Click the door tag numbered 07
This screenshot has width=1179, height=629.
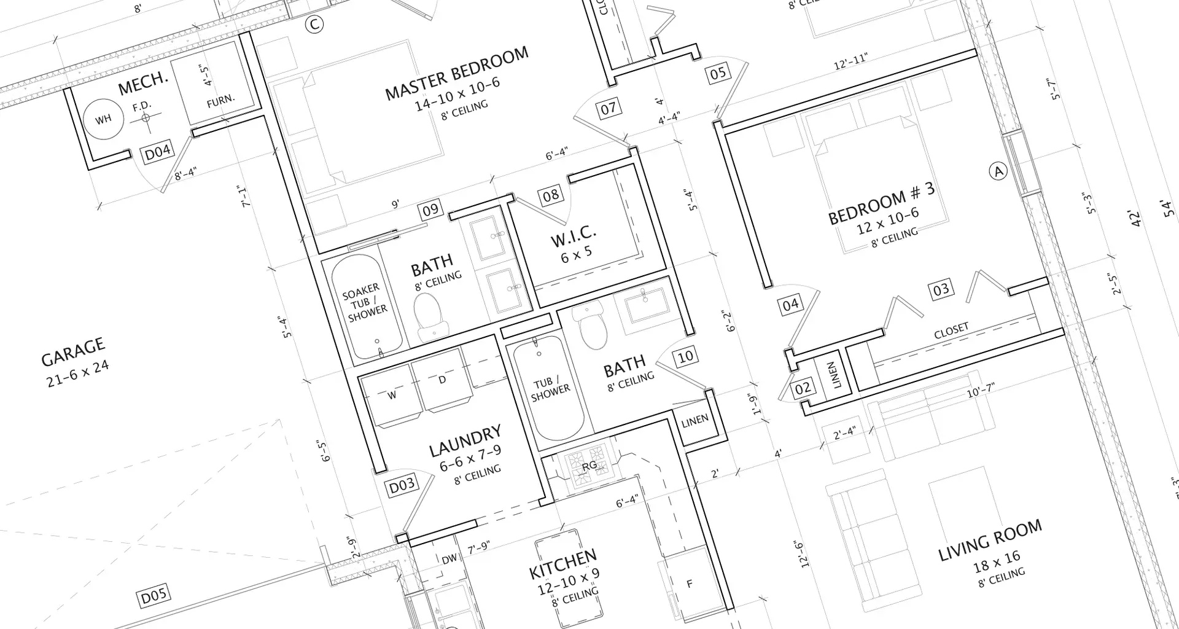pyautogui.click(x=608, y=109)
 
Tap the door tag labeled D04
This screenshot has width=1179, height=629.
pyautogui.click(x=157, y=152)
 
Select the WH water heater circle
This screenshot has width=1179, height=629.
pyautogui.click(x=103, y=119)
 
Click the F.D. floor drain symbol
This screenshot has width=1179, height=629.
pyautogui.click(x=146, y=117)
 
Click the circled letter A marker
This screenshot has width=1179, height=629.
pyautogui.click(x=998, y=171)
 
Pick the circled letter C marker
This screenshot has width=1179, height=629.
pyautogui.click(x=314, y=25)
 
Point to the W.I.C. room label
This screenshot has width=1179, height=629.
pyautogui.click(x=574, y=235)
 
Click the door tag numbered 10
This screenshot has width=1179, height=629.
pyautogui.click(x=685, y=356)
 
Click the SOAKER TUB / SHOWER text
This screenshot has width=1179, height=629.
pyautogui.click(x=367, y=302)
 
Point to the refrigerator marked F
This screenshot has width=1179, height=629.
pyautogui.click(x=690, y=584)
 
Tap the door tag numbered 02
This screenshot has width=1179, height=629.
pyautogui.click(x=803, y=388)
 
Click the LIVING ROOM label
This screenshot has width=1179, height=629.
pyautogui.click(x=989, y=540)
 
